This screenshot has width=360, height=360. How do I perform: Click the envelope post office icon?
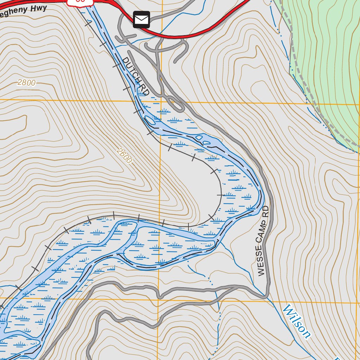pos(141,20)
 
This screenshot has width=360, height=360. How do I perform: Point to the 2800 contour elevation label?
pos(26,83)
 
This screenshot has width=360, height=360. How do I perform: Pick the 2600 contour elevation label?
pos(124,156)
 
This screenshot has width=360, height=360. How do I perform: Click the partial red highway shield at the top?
pos(81,2)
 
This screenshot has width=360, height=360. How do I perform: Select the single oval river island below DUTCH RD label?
pos(150,121)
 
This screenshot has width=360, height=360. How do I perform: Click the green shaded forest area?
pos(327,53)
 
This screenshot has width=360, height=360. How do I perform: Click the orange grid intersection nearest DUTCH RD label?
pos(161,101)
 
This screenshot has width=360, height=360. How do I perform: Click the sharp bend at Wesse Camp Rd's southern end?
pos(266,296)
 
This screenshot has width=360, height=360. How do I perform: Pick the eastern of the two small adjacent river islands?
pos(207,142)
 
